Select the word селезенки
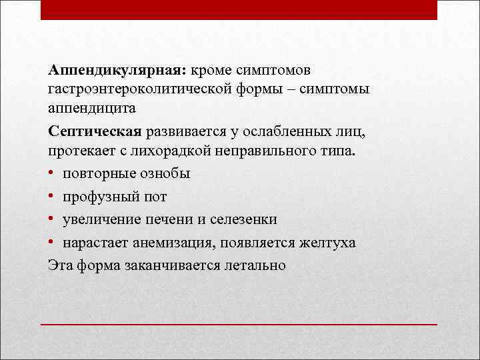tap(243, 219)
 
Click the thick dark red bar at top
tap(239, 9)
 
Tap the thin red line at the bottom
tap(239, 323)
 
